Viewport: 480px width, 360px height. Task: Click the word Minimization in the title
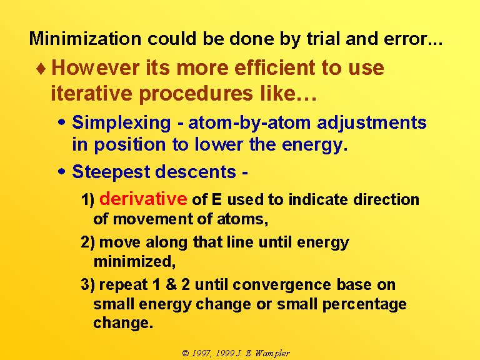tap(85, 39)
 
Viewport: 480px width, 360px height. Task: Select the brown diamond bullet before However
tap(41, 69)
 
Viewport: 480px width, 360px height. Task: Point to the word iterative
tap(91, 92)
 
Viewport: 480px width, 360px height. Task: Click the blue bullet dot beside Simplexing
tap(61, 122)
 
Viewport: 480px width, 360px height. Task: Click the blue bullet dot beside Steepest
tap(61, 171)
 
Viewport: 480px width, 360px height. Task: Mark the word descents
tap(196, 171)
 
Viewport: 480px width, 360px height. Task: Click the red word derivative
tap(143, 199)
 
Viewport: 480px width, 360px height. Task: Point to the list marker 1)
tap(87, 200)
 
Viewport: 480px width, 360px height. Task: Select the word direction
tap(386, 199)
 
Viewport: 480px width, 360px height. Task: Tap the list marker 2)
tap(88, 242)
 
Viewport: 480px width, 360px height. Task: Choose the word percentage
tap(364, 305)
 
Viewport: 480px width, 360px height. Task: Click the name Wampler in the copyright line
tap(272, 354)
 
